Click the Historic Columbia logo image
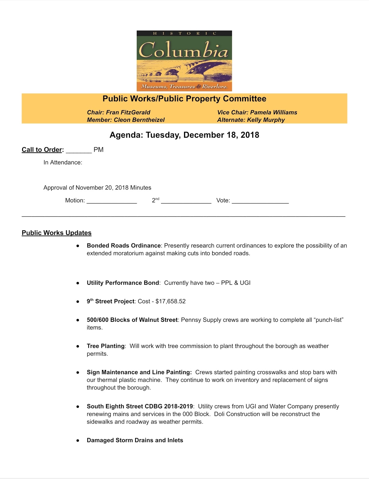[184, 61]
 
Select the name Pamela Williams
[274, 112]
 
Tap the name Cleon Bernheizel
[139, 120]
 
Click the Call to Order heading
[42, 150]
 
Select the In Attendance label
[63, 162]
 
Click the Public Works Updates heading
[57, 233]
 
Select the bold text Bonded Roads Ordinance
[124, 245]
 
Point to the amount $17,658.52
[171, 301]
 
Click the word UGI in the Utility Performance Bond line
[245, 283]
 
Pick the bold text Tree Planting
[105, 346]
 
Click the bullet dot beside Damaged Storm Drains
[78, 441]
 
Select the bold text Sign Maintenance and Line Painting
[139, 372]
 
